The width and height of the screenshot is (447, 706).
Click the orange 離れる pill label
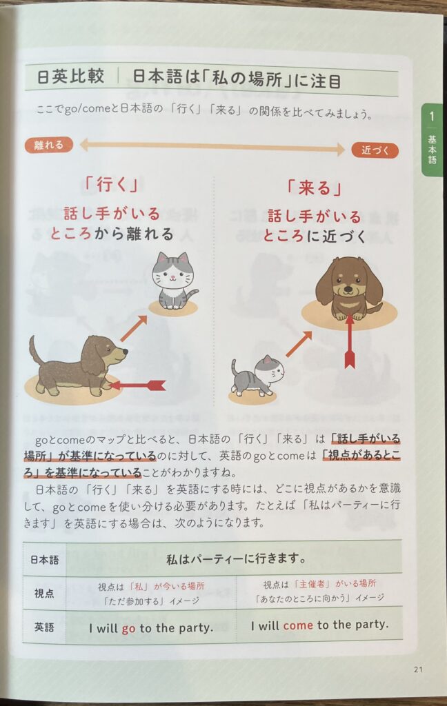click(49, 145)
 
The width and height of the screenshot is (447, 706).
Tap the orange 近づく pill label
click(375, 150)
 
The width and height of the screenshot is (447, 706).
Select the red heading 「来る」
click(315, 188)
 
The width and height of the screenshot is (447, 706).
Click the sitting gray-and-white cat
click(173, 281)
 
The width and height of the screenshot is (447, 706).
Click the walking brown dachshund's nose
click(126, 352)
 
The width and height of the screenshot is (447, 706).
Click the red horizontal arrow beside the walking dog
click(137, 385)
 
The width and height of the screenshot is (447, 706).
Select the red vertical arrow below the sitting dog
click(350, 342)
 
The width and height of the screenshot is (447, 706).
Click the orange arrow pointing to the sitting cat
click(134, 328)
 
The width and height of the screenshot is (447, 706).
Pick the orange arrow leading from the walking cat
click(298, 344)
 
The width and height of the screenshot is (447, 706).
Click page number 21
click(418, 669)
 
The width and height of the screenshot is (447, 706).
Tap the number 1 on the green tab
click(432, 116)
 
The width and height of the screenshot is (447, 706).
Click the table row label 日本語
click(44, 560)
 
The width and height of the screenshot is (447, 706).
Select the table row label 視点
click(44, 594)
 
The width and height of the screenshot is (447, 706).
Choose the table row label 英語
click(44, 627)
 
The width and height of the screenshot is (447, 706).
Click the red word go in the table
click(128, 629)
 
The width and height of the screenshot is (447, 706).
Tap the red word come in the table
click(298, 625)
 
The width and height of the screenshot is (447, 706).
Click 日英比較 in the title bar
click(70, 77)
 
